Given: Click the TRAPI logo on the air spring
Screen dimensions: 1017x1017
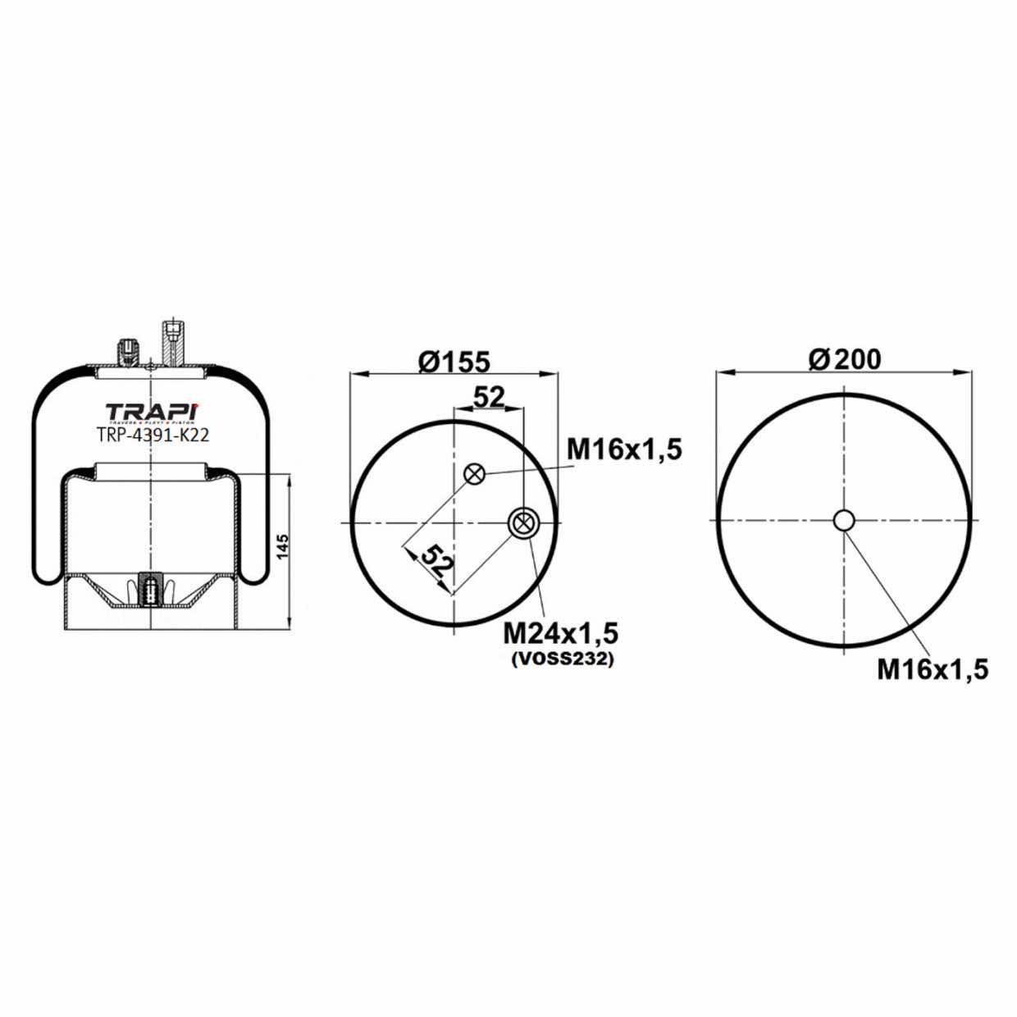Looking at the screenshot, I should [152, 411].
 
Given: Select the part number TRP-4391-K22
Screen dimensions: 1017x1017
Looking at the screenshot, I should [152, 436].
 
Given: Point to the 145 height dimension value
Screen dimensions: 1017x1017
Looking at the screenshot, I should [283, 547].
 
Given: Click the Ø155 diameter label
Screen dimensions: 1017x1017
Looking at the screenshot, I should [454, 361].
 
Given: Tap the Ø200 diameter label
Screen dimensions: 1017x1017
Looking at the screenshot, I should [844, 359].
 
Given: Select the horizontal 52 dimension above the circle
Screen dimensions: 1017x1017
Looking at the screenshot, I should [489, 397].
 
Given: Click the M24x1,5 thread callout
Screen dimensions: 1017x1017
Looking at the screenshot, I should [560, 633].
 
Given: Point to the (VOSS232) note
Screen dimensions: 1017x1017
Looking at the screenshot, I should [561, 659].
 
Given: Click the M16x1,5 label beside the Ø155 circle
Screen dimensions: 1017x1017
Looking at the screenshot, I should [624, 449].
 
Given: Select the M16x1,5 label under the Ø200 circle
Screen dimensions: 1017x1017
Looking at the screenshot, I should [933, 669].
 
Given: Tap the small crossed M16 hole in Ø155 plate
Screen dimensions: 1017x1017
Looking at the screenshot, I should [474, 473].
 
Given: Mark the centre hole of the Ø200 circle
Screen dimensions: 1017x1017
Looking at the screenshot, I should [844, 520].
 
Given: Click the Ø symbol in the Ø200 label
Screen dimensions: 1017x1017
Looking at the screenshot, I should [818, 359].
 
